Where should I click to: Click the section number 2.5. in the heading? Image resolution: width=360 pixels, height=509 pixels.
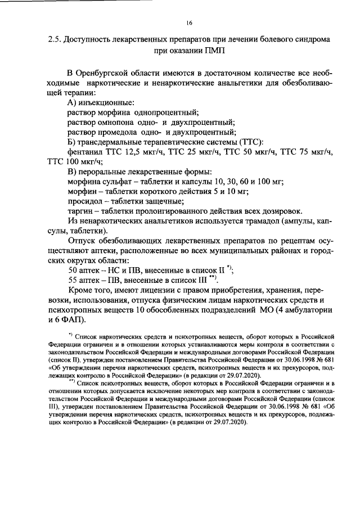(x=54, y=40)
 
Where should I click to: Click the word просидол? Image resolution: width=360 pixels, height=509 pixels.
(x=86, y=201)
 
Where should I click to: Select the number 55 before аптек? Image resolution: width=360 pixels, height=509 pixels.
(x=73, y=280)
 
